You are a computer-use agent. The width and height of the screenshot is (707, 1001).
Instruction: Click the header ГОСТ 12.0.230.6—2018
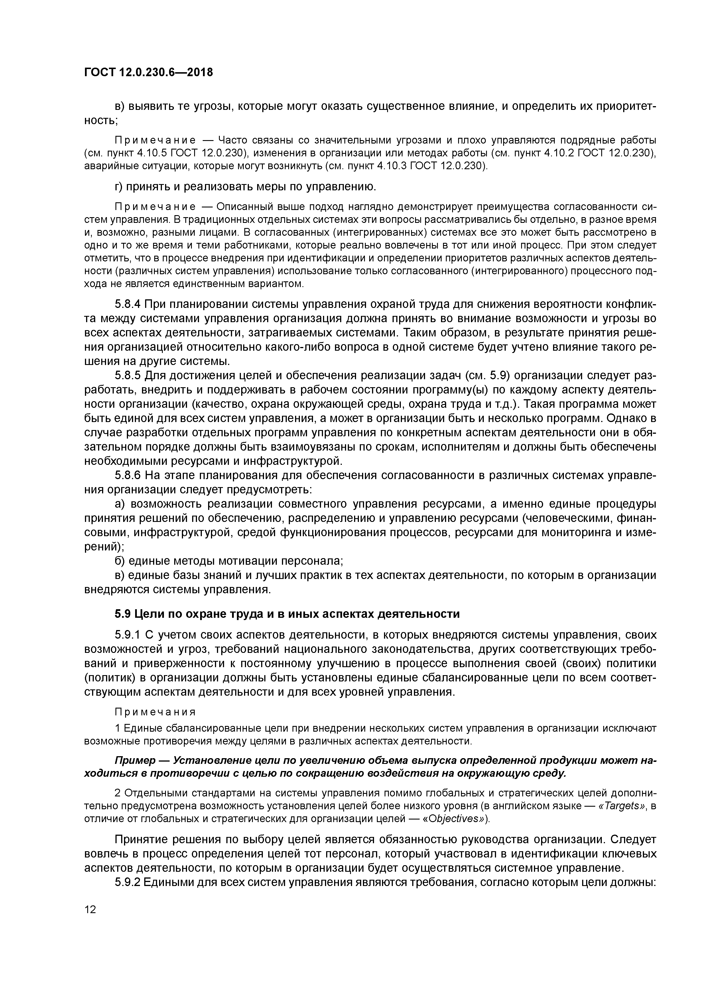coord(149,72)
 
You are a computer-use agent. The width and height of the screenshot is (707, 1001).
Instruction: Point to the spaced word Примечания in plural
coord(155,711)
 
